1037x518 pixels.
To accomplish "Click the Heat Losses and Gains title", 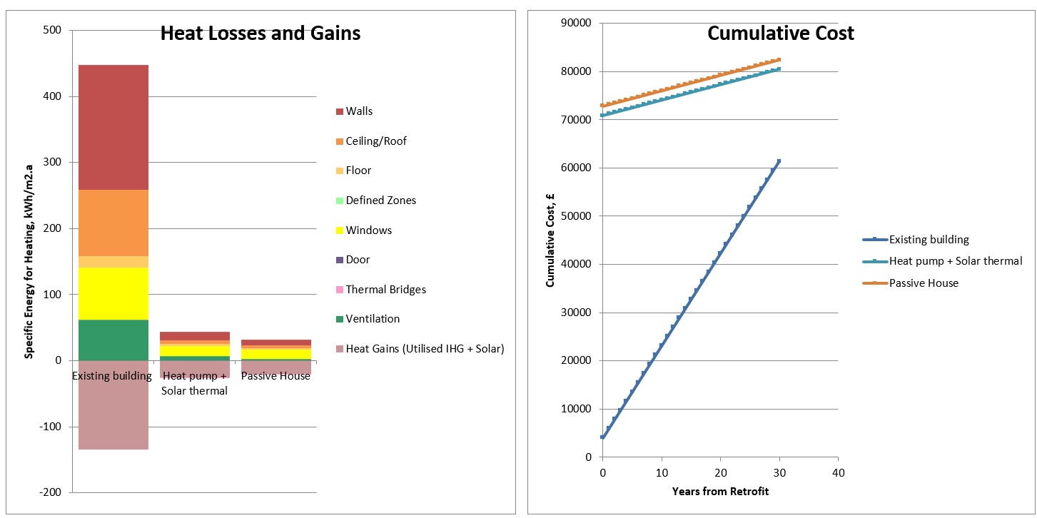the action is [x=260, y=34].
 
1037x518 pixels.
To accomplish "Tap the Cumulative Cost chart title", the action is [x=781, y=34].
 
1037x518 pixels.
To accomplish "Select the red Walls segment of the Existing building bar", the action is [x=113, y=127].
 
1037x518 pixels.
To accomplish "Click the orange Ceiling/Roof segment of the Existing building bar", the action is [x=113, y=223].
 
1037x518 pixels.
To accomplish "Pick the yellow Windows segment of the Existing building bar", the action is [x=113, y=293].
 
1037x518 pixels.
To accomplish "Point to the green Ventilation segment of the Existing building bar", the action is [x=113, y=340].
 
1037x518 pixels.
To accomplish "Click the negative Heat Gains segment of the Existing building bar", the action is [x=113, y=405].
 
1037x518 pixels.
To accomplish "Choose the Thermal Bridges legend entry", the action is [x=381, y=289].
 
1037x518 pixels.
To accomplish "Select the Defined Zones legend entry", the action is [x=376, y=200].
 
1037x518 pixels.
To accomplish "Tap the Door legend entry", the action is [x=353, y=260].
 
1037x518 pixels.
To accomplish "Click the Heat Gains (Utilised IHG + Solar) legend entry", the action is [x=420, y=349].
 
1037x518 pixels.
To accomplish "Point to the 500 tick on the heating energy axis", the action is [x=52, y=30].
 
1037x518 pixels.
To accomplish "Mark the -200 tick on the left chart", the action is [x=50, y=492].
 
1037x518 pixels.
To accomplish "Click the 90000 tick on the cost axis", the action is [x=576, y=23].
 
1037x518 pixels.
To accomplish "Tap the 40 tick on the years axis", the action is [x=839, y=472].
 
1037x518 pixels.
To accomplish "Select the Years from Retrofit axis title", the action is [x=720, y=491].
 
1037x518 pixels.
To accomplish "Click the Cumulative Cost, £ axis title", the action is [x=550, y=240].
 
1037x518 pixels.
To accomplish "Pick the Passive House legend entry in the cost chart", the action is [x=911, y=283].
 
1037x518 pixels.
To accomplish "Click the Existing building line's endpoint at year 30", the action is [x=779, y=161].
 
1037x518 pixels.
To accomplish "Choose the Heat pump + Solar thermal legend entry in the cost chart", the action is [x=943, y=261].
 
